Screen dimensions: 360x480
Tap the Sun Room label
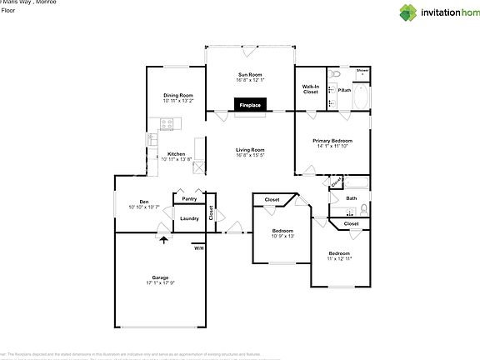[x=251, y=75]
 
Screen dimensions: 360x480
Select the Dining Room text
[x=178, y=95]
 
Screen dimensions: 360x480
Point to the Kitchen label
[x=176, y=154]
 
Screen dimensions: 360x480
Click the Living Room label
[x=250, y=150]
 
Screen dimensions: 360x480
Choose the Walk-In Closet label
[x=310, y=88]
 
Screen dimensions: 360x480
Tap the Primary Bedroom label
[x=332, y=141]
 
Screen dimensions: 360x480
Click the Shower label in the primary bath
[x=362, y=71]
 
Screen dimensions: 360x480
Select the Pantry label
[x=189, y=199]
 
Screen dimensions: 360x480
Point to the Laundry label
[x=189, y=218]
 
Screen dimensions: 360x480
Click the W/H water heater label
[x=198, y=248]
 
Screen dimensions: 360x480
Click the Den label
[x=143, y=202]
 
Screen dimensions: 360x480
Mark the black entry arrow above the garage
[x=163, y=241]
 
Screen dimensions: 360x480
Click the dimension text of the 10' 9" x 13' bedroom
[x=283, y=236]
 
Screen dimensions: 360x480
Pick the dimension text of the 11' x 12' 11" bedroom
[x=339, y=259]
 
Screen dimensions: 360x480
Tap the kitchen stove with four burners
[x=167, y=124]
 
